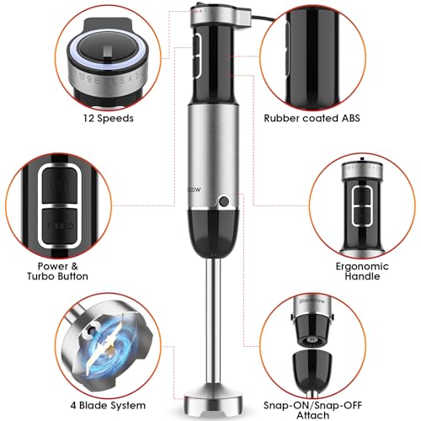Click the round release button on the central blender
point(224,202)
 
